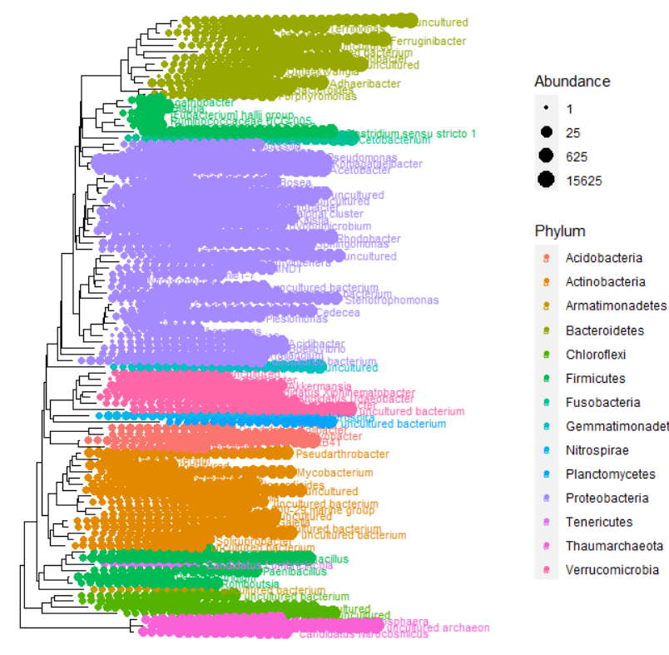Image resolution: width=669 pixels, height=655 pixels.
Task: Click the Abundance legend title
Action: (572, 82)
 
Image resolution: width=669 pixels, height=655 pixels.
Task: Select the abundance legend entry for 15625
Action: (581, 180)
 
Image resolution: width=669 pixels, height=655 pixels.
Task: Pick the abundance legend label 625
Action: (576, 156)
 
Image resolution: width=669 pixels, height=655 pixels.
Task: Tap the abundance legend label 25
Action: (572, 132)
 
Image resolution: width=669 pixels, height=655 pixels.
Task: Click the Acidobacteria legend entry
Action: (603, 258)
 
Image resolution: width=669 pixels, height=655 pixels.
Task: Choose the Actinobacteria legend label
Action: (605, 282)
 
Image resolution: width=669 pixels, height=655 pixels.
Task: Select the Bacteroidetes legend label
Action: (604, 330)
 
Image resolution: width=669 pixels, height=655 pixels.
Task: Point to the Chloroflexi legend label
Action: (595, 355)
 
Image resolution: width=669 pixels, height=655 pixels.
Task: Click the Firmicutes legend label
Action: (595, 379)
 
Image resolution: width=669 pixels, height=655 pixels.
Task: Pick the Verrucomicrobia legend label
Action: (612, 570)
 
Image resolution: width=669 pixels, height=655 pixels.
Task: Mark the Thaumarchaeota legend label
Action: (614, 546)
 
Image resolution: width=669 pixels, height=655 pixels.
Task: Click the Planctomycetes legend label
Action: (610, 474)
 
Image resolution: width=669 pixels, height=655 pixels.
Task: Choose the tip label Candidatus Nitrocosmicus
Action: (363, 635)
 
